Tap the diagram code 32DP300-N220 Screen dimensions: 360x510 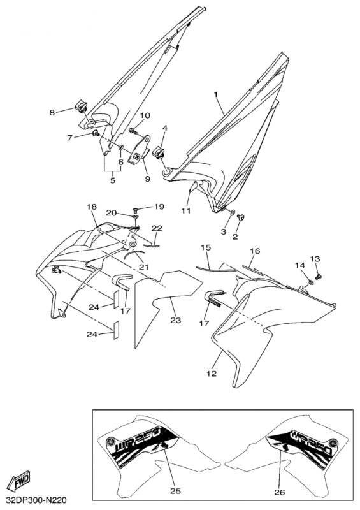(36, 499)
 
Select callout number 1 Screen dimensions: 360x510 (215, 94)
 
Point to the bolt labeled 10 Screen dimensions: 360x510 (133, 131)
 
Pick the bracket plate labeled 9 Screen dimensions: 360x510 (140, 150)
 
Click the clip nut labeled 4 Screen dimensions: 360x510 (159, 152)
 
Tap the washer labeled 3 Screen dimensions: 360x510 (233, 213)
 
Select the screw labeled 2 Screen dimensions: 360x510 (241, 217)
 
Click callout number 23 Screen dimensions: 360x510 (176, 321)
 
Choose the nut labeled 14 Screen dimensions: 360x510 (310, 281)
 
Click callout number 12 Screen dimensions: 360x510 (212, 374)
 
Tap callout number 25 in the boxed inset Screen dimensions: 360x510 (175, 491)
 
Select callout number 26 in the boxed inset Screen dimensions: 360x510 (280, 492)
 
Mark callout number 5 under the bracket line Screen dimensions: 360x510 (113, 180)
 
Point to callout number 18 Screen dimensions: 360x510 (92, 207)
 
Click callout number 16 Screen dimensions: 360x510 (256, 251)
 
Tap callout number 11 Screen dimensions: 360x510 (185, 211)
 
